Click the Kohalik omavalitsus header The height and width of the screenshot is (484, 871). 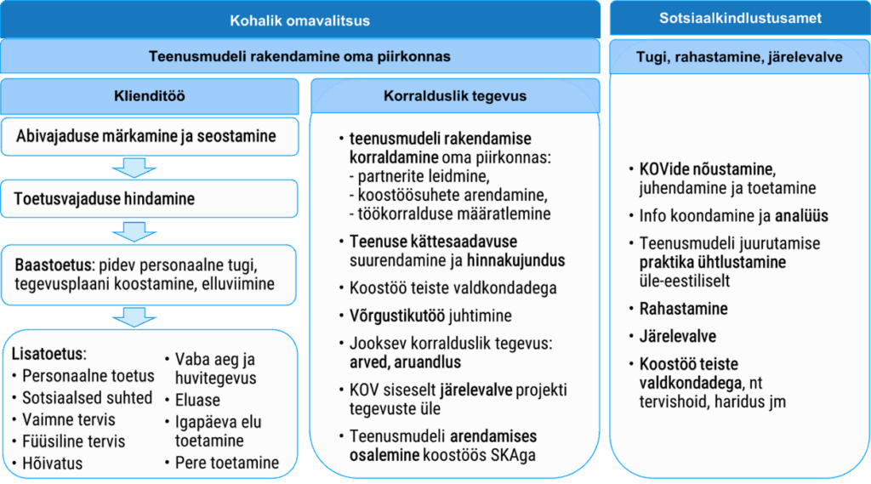(300, 20)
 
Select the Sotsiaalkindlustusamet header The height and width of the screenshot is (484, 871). (740, 19)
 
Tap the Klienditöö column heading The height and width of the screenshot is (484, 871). (150, 96)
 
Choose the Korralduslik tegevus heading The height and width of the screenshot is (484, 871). (455, 96)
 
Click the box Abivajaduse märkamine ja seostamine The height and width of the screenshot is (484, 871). (150, 136)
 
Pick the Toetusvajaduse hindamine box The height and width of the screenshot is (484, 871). (150, 198)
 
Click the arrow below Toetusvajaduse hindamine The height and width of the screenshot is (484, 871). (134, 231)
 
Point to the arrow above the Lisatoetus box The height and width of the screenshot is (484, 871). (134, 316)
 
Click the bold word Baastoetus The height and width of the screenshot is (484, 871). (54, 265)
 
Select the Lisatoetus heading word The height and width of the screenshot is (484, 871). (48, 354)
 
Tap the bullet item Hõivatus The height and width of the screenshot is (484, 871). (52, 464)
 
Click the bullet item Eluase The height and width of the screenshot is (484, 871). (197, 400)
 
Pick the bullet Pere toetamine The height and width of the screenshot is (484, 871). (226, 463)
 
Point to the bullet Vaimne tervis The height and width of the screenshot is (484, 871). (68, 419)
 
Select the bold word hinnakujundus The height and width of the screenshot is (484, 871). (515, 260)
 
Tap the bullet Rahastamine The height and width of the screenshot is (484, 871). (683, 309)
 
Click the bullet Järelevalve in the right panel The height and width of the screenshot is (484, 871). (678, 336)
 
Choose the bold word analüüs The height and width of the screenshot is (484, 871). (801, 215)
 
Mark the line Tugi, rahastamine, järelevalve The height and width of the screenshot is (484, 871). (739, 57)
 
